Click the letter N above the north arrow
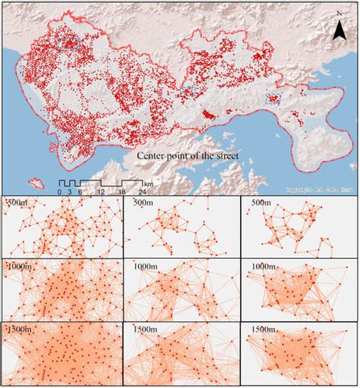(x=338, y=14)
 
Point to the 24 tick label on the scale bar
(x=141, y=192)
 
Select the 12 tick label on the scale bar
(x=100, y=192)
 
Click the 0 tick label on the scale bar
(x=60, y=192)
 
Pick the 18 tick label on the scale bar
(x=121, y=192)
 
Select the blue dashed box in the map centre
(x=188, y=92)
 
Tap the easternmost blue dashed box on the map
(x=273, y=98)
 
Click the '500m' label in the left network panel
(x=16, y=203)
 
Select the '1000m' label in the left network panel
(x=18, y=267)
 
